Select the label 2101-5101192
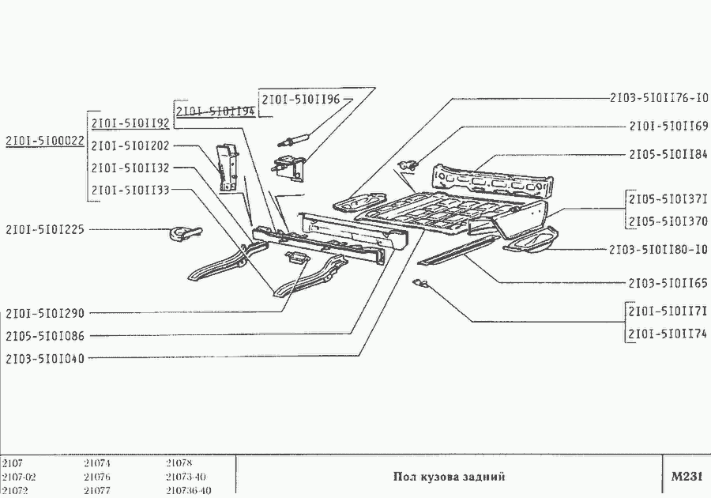pos(130,124)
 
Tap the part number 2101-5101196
pos(300,100)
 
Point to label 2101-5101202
pos(130,146)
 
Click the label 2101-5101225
pos(44,230)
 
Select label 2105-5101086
pos(44,335)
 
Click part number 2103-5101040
pos(44,358)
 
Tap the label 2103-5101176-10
pos(658,99)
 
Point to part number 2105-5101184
pos(668,154)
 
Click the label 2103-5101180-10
pos(658,250)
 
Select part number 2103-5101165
pos(668,282)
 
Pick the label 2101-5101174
pos(668,334)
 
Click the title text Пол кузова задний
pos(448,477)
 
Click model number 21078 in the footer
pos(179,463)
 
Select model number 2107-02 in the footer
pos(19,477)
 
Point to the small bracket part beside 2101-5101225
pos(182,232)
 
